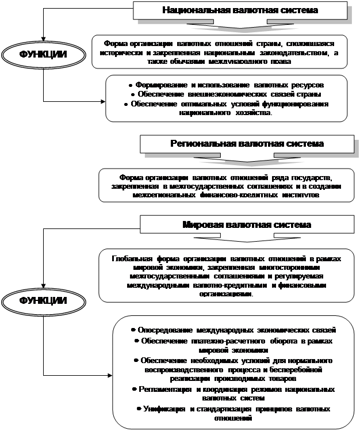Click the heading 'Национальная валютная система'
click(x=240, y=10)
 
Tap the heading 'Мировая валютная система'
click(x=247, y=225)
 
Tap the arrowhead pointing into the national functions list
click(x=103, y=102)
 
